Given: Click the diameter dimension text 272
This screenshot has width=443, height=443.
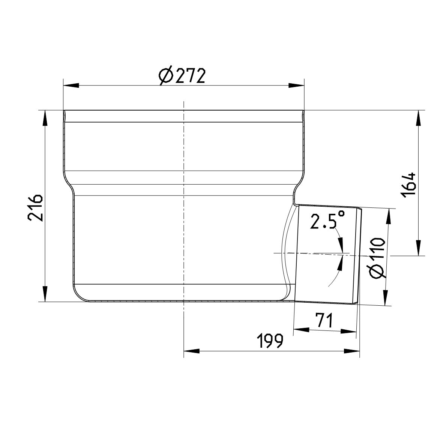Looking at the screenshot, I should tap(190, 77).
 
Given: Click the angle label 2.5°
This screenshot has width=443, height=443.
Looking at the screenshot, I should tap(327, 221).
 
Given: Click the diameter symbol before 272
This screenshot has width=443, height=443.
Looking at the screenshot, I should tap(165, 77).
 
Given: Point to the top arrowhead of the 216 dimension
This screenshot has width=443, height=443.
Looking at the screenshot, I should tap(45, 118).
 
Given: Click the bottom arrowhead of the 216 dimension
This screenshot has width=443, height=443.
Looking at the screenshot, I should tap(45, 294).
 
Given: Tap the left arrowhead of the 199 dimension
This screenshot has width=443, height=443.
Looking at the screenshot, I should tap(191, 351).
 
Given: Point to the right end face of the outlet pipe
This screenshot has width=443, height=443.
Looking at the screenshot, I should tap(359, 255).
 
